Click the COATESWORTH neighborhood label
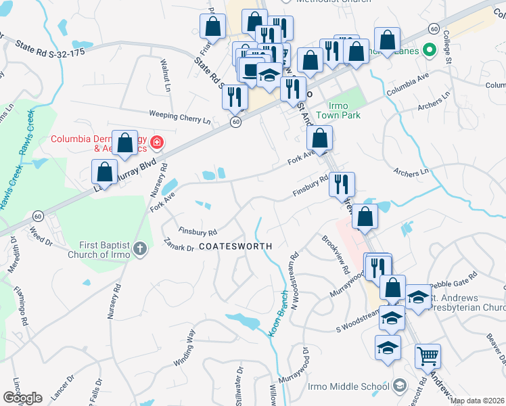pos(235,246)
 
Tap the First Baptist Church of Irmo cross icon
pos(140,248)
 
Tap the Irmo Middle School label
pos(348,386)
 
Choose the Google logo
pos(22,398)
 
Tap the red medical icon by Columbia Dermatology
pos(157,142)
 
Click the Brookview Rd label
pos(336,254)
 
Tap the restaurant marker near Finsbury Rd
pos(342,184)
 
